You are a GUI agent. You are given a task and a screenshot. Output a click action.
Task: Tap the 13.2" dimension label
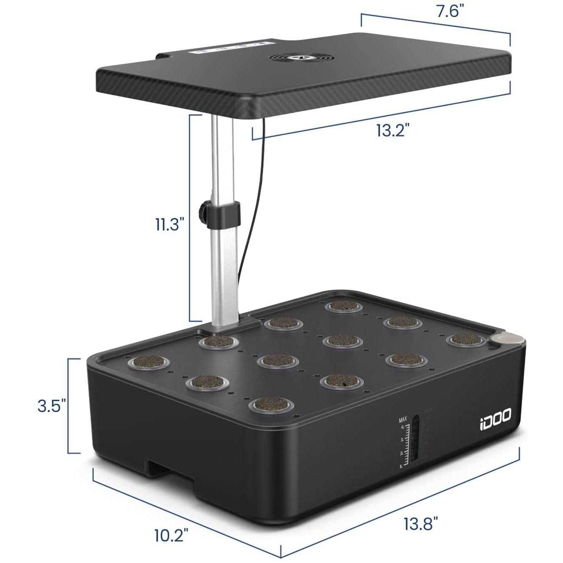tap(393, 130)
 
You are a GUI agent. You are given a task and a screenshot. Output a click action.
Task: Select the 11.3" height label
tap(169, 224)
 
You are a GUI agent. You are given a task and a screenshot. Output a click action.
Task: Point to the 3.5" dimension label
tap(52, 407)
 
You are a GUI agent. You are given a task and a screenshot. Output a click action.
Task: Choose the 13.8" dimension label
tap(421, 525)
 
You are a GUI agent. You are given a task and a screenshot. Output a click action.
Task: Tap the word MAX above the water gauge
tap(403, 420)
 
